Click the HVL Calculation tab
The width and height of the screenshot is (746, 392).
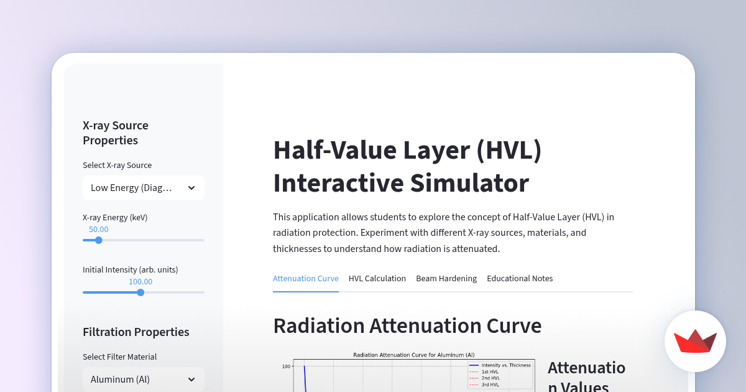[377, 279]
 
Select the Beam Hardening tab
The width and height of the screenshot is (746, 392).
[446, 279]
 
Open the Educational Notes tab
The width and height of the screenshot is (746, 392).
[520, 279]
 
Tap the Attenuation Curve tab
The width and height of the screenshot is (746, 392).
[306, 279]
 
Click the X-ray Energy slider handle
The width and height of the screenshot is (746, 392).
[98, 240]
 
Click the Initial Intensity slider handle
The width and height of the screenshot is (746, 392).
[140, 292]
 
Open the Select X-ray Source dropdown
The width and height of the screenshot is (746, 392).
[144, 188]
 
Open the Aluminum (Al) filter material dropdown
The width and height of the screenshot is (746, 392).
[144, 380]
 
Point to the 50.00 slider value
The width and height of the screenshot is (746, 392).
[98, 230]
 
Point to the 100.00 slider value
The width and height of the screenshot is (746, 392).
[140, 282]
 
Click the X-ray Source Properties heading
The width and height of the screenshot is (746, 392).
[116, 133]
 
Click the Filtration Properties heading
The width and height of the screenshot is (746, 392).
[136, 332]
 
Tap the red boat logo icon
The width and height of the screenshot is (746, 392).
[695, 342]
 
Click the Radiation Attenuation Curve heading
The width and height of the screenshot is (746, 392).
[407, 326]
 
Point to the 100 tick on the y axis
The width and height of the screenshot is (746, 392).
[286, 366]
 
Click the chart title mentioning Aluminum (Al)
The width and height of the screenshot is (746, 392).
[413, 355]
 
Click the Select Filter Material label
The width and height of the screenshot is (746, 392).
[119, 357]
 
